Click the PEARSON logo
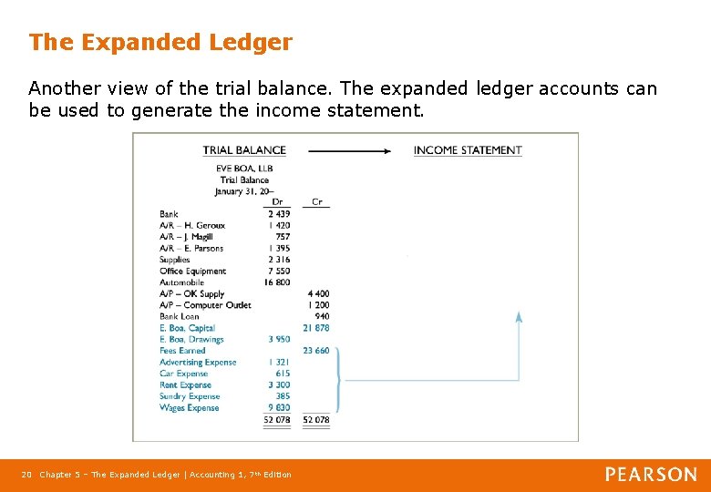point(651,474)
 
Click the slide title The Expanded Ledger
point(160,42)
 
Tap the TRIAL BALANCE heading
point(244,150)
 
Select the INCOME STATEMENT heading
point(468,150)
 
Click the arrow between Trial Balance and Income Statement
point(350,150)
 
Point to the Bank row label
point(169,214)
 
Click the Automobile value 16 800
point(277,282)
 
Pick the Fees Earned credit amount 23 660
point(315,351)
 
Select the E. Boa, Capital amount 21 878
point(315,328)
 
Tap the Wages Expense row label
point(190,408)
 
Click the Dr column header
point(277,202)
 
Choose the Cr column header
point(316,202)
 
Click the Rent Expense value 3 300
point(279,385)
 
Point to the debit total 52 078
point(277,420)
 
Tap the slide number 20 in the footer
point(26,475)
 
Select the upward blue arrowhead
point(519,317)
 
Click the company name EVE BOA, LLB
point(244,169)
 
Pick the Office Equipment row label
point(192,272)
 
